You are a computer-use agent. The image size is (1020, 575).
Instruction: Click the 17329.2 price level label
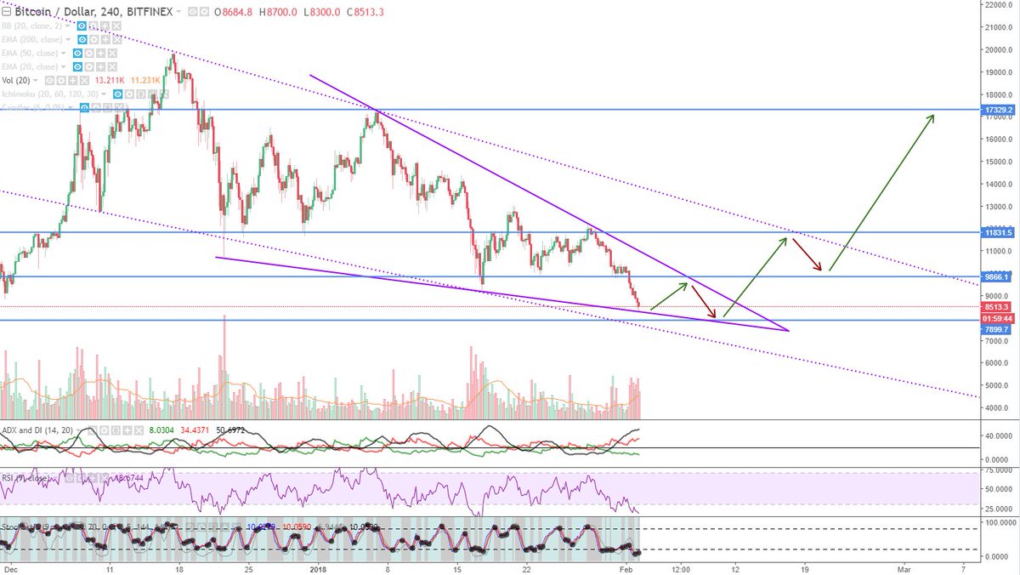(x=996, y=110)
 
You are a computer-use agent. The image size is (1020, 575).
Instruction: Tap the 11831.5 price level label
(x=996, y=232)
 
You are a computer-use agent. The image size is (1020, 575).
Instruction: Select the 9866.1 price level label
(x=996, y=276)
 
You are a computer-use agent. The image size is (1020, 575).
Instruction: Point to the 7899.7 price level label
(x=996, y=329)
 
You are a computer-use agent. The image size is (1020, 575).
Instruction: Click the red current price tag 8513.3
(x=996, y=307)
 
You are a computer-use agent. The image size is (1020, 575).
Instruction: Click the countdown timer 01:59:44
(x=996, y=318)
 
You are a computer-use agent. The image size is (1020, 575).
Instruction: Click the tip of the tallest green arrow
(x=934, y=115)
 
